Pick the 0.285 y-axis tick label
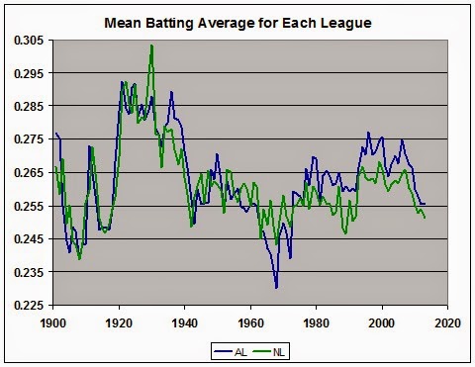tap(30, 106)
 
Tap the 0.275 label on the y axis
tap(30, 139)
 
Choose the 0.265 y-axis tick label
tap(30, 172)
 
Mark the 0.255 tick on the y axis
tap(30, 206)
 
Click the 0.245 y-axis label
tap(30, 238)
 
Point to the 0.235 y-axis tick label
tap(30, 271)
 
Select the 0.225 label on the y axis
tap(30, 305)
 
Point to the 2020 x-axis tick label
tap(448, 321)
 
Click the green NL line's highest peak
tap(151, 46)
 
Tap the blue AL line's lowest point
tap(277, 287)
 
